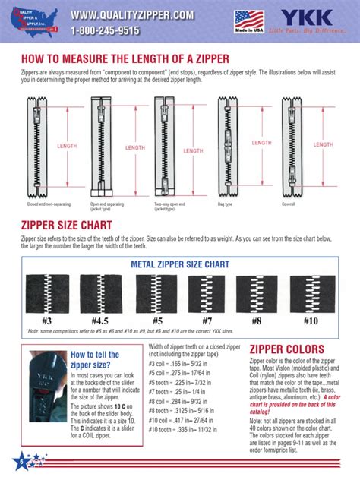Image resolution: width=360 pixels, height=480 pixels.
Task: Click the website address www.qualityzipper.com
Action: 132,16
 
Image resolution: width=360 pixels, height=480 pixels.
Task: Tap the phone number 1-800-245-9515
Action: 106,31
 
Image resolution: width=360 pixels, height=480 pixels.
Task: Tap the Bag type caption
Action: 226,204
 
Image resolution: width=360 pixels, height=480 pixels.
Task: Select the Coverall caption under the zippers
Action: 288,204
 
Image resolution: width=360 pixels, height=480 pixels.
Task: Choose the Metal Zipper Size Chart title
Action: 180,264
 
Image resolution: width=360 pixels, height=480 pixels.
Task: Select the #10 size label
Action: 311,321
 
